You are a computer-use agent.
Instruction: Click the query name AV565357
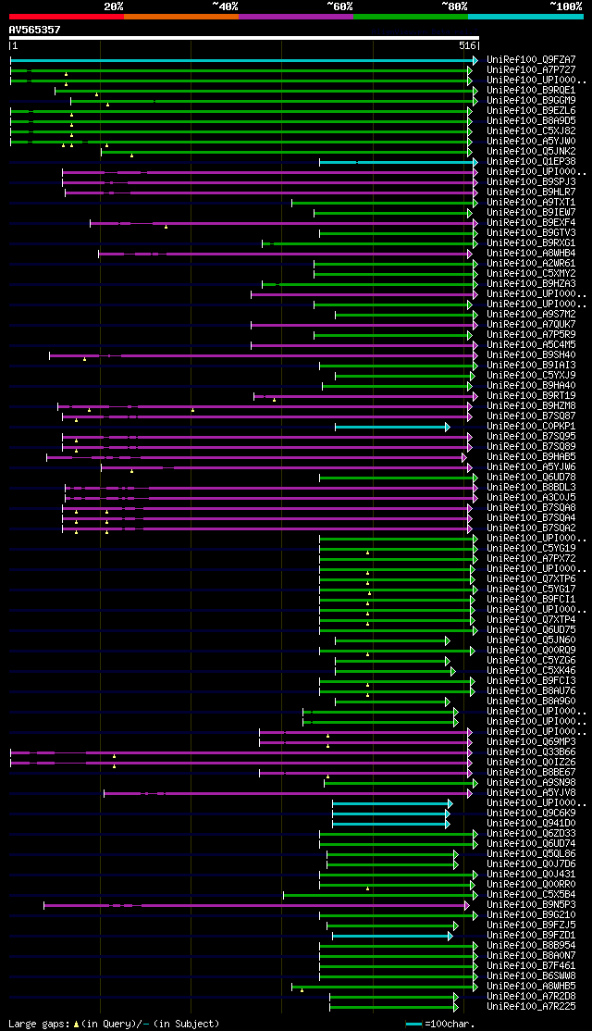pyautogui.click(x=34, y=30)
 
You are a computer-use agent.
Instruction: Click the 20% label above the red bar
pyautogui.click(x=114, y=6)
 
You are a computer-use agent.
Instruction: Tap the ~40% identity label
pyautogui.click(x=225, y=6)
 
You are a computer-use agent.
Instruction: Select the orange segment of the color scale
pyautogui.click(x=180, y=16)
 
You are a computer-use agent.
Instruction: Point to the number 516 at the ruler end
pyautogui.click(x=466, y=45)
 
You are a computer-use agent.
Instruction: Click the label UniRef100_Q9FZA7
pyautogui.click(x=531, y=60)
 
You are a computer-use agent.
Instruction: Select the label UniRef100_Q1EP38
pyautogui.click(x=531, y=162)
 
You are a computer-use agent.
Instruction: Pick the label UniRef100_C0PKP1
pyautogui.click(x=531, y=427)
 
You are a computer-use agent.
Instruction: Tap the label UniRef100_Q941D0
pyautogui.click(x=531, y=824)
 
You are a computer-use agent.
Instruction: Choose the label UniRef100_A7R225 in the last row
pyautogui.click(x=531, y=1007)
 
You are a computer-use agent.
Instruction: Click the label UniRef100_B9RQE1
pyautogui.click(x=531, y=91)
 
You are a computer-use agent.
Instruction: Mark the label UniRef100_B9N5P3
pyautogui.click(x=531, y=905)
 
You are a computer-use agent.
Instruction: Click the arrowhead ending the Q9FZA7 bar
pyautogui.click(x=475, y=60)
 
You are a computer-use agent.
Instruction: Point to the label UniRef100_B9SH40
pyautogui.click(x=531, y=355)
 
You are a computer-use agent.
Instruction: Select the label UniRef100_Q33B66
pyautogui.click(x=531, y=752)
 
